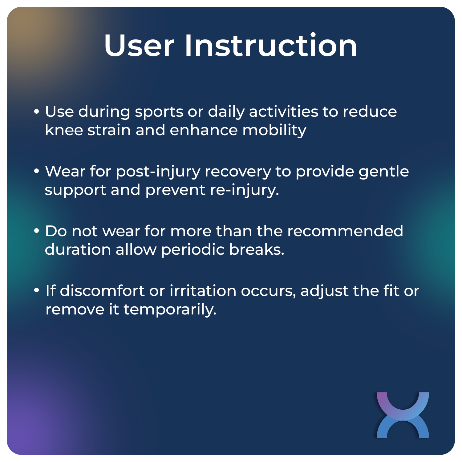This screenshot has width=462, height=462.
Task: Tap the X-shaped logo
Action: click(403, 415)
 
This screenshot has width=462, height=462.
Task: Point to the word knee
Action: click(63, 130)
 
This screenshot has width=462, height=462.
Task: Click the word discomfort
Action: click(102, 291)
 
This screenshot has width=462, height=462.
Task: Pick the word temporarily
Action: click(170, 310)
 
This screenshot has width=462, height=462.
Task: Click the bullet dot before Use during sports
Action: click(37, 111)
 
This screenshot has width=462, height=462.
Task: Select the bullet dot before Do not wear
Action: click(37, 231)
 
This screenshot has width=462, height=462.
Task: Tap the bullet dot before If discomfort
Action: click(37, 291)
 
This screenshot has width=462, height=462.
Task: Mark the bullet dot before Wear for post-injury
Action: click(37, 171)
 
